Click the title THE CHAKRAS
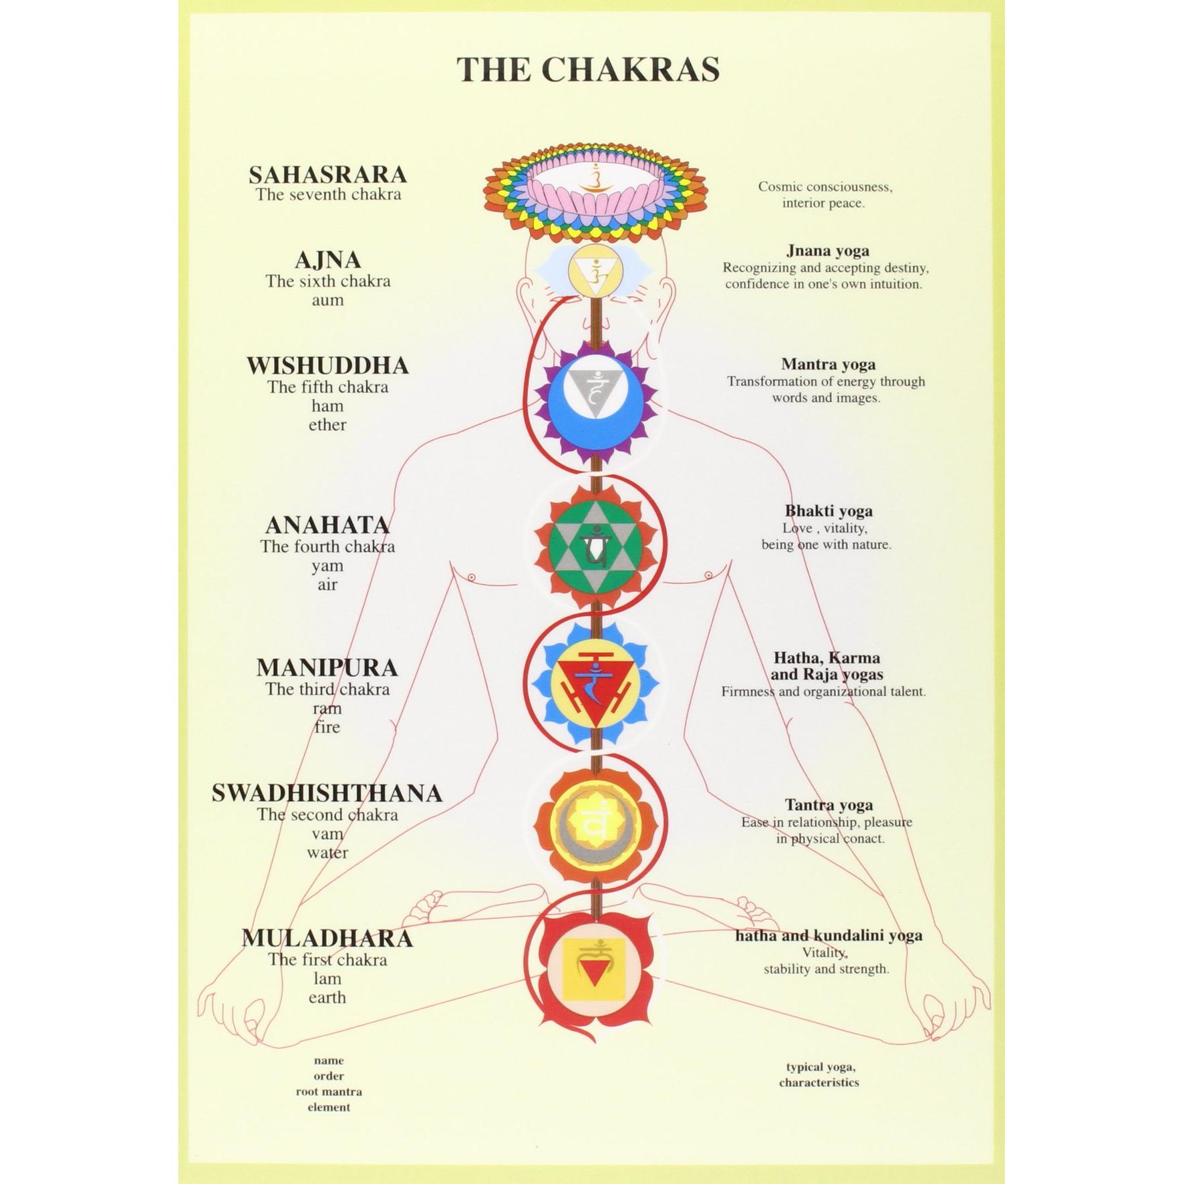point(588,69)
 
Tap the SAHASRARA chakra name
point(328,174)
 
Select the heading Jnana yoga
point(828,251)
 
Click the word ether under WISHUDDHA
point(327,425)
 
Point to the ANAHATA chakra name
point(327,525)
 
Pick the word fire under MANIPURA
point(327,727)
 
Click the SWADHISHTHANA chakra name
point(327,793)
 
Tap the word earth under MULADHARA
point(327,998)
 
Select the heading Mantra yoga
point(828,365)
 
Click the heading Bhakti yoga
point(829,511)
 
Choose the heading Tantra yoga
point(829,805)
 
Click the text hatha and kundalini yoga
point(829,935)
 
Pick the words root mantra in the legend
point(329,1091)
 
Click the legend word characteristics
point(819,1082)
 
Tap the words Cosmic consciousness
point(825,187)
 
